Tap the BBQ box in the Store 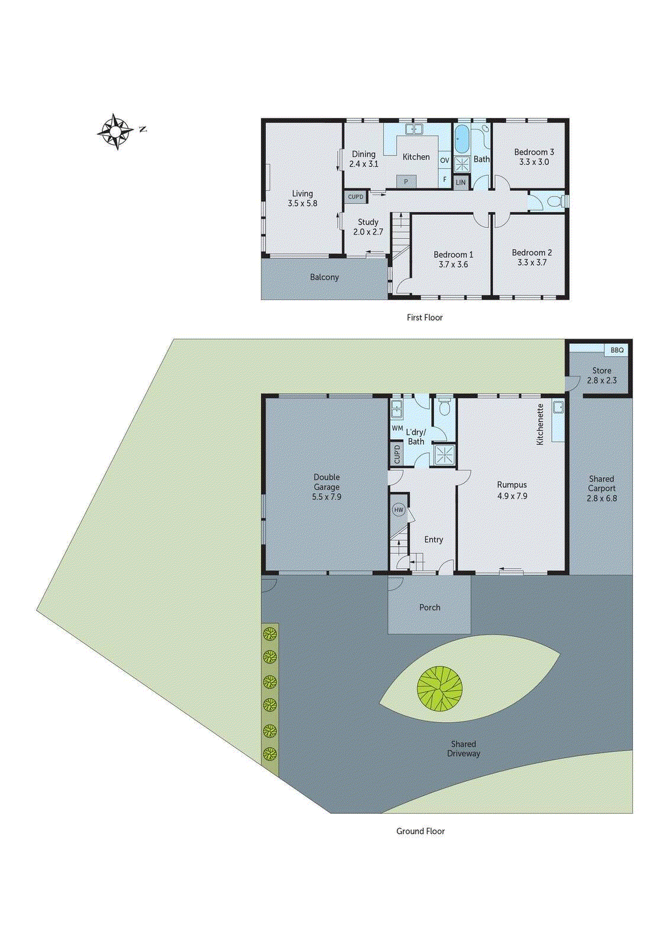click(617, 350)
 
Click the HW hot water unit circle click(399, 510)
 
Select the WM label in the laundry click(397, 428)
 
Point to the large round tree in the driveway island click(439, 688)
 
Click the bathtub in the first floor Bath click(461, 140)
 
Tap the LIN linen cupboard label click(461, 182)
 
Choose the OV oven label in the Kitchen click(445, 160)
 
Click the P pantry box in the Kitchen click(406, 181)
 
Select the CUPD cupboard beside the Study click(355, 197)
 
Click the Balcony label click(324, 277)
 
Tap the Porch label click(429, 607)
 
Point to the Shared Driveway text click(463, 749)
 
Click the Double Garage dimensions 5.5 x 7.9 click(327, 497)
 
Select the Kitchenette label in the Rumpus click(540, 424)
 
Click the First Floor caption click(424, 317)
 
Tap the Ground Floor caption click(420, 831)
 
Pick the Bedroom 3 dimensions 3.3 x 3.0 click(534, 162)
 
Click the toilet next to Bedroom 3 click(555, 201)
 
